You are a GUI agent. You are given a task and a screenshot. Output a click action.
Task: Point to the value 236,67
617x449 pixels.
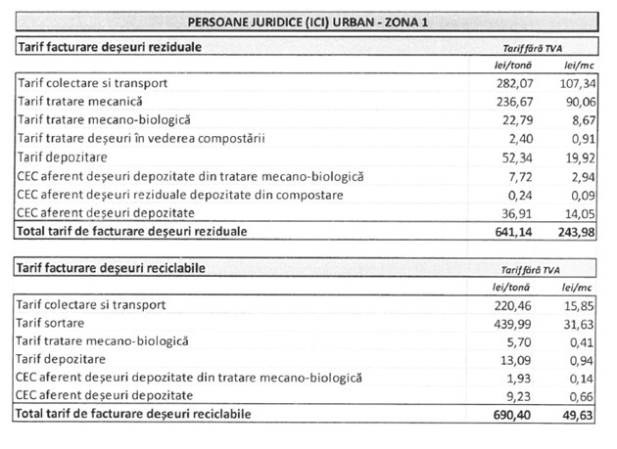(516, 102)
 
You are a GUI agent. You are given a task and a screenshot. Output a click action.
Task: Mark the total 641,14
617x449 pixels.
(515, 232)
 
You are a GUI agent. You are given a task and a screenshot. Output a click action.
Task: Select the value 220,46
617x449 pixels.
(516, 305)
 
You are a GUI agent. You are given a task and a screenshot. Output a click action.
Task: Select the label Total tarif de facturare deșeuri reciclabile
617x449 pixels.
(133, 415)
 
